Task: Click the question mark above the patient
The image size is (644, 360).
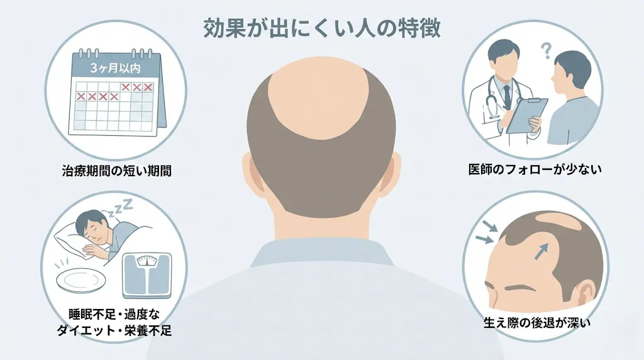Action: [547, 49]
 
